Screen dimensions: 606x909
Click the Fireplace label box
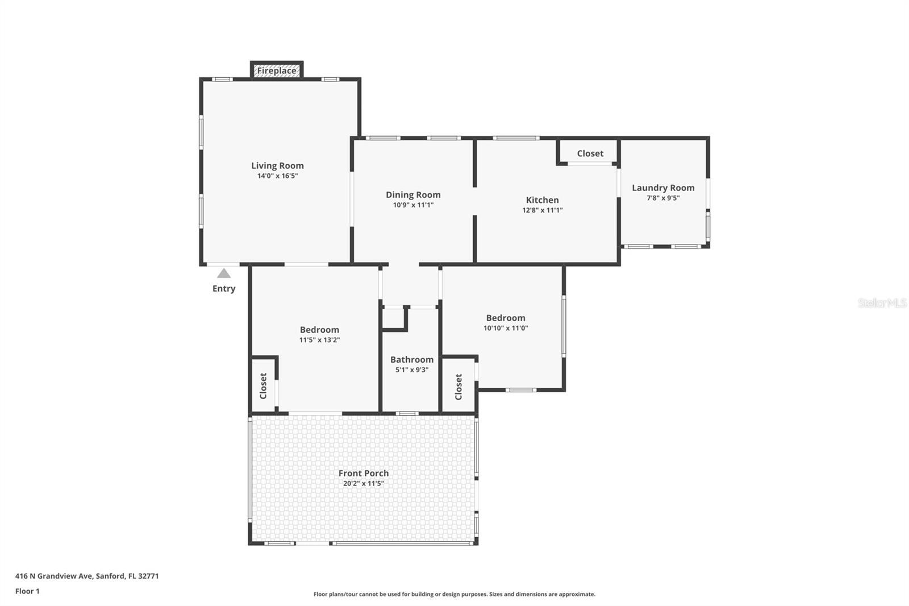(x=277, y=70)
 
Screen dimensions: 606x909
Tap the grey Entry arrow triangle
(x=224, y=273)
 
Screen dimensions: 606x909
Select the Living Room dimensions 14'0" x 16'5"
(x=277, y=176)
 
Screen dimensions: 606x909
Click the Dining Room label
(x=413, y=194)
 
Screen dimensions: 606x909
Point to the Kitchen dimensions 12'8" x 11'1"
(x=542, y=210)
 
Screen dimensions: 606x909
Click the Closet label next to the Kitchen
(x=590, y=153)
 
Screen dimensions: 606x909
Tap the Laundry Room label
(x=663, y=188)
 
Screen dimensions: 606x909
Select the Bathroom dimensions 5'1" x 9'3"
(x=411, y=370)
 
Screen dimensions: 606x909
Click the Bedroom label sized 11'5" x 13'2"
(x=319, y=330)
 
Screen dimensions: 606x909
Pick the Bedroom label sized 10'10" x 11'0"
(x=505, y=318)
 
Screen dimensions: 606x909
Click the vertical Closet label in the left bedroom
(x=263, y=385)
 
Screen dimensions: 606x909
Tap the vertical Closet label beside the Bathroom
(x=458, y=387)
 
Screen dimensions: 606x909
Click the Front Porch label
(x=363, y=473)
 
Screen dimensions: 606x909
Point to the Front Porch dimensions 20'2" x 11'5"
(x=363, y=484)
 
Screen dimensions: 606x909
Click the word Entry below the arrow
(x=224, y=288)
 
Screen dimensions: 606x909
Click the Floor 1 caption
(x=27, y=591)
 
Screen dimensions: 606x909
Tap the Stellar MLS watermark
(x=882, y=303)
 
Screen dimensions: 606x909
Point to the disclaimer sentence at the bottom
(x=454, y=594)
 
